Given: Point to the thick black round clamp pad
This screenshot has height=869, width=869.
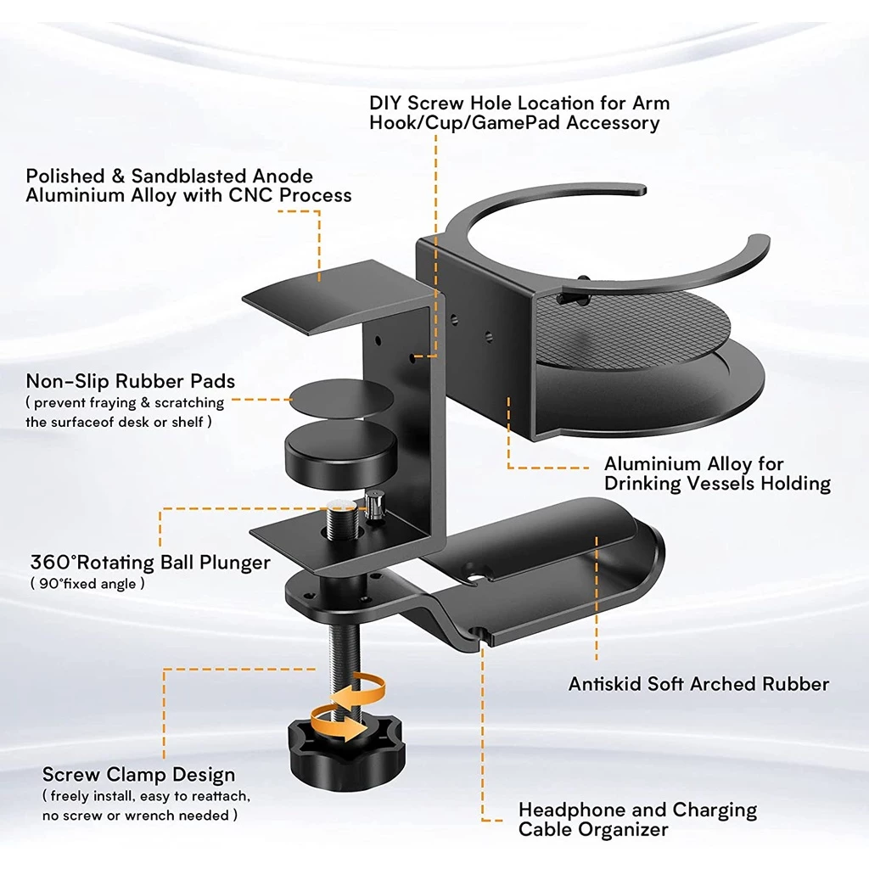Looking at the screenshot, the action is pos(341,453).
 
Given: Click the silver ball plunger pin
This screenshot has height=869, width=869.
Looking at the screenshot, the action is pos(374,506).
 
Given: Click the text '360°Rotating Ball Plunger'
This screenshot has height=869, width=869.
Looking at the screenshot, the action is pos(150,563).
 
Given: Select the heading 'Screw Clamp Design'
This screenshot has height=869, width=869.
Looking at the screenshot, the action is pos(138,774).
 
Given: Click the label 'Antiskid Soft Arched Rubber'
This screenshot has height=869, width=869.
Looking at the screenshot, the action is pos(699,684).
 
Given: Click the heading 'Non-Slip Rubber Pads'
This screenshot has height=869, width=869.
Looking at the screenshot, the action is pos(130,381).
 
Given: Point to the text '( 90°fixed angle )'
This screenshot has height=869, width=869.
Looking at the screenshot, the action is pos(87,584).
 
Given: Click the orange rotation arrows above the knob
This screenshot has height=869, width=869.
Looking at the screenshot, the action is pos(348,707).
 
